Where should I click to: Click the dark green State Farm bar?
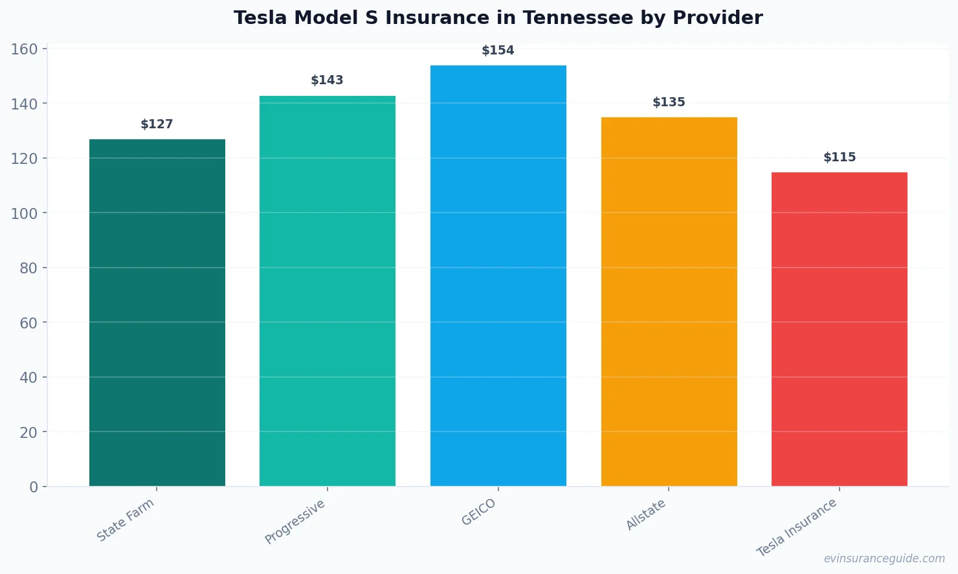click(x=157, y=312)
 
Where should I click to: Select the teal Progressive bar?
click(x=328, y=291)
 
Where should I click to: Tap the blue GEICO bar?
click(x=498, y=275)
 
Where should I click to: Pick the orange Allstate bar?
click(x=669, y=301)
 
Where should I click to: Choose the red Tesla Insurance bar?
click(x=840, y=329)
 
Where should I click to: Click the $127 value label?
click(x=157, y=124)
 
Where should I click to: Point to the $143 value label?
click(x=328, y=80)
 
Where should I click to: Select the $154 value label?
click(x=498, y=51)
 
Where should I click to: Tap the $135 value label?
click(x=669, y=102)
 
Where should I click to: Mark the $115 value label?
click(x=840, y=157)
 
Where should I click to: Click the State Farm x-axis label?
click(x=126, y=520)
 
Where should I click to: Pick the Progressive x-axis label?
click(x=295, y=522)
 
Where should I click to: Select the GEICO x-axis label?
click(x=479, y=512)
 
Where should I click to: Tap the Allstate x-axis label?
click(x=646, y=515)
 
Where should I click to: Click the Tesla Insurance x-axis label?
click(x=797, y=527)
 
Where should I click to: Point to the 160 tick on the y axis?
click(x=24, y=49)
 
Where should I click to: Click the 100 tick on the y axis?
click(x=24, y=213)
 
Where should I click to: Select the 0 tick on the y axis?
click(x=34, y=487)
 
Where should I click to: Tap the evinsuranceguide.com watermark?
click(x=884, y=558)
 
